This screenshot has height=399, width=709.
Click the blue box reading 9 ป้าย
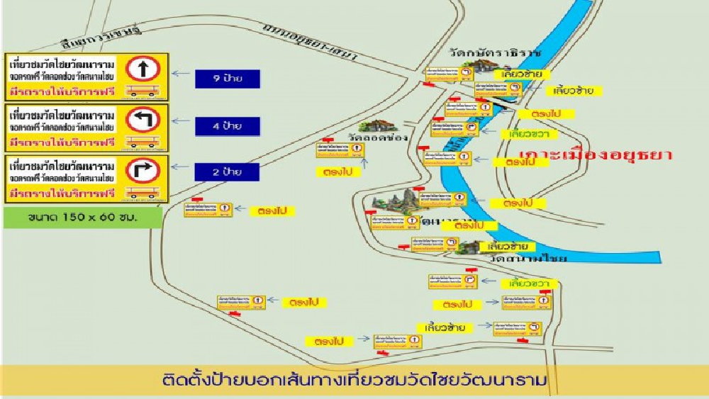tap(228, 79)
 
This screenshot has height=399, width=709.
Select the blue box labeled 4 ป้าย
tap(228, 126)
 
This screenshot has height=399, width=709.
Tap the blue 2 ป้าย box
tap(228, 172)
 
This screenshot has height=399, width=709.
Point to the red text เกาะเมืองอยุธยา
tap(595, 154)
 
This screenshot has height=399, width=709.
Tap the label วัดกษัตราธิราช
tap(495, 53)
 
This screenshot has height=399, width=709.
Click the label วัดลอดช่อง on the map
tap(378, 137)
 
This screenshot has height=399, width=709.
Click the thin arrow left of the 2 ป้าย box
tap(181, 171)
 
